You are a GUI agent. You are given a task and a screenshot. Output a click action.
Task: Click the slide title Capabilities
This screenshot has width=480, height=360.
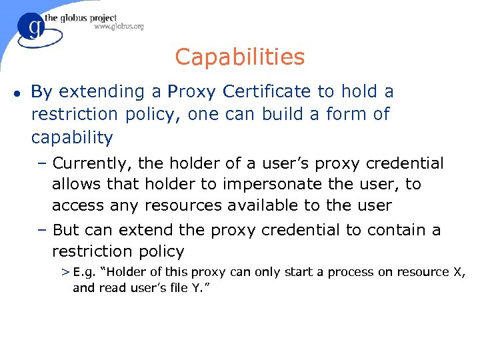pyautogui.click(x=239, y=57)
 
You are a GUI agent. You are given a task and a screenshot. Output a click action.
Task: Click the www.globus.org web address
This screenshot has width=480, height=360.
pyautogui.click(x=119, y=27)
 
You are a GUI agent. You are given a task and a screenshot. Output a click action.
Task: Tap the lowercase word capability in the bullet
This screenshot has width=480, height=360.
pyautogui.click(x=72, y=138)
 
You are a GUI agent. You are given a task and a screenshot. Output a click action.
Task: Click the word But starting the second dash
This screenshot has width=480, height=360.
pyautogui.click(x=66, y=230)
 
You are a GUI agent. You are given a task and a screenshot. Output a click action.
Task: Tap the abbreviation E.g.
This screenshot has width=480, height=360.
pyautogui.click(x=84, y=272)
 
